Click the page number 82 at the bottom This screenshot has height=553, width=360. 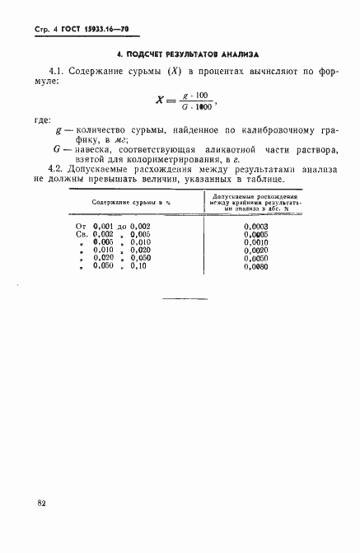pyautogui.click(x=40, y=502)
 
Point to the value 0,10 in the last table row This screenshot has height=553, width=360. pyautogui.click(x=136, y=268)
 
